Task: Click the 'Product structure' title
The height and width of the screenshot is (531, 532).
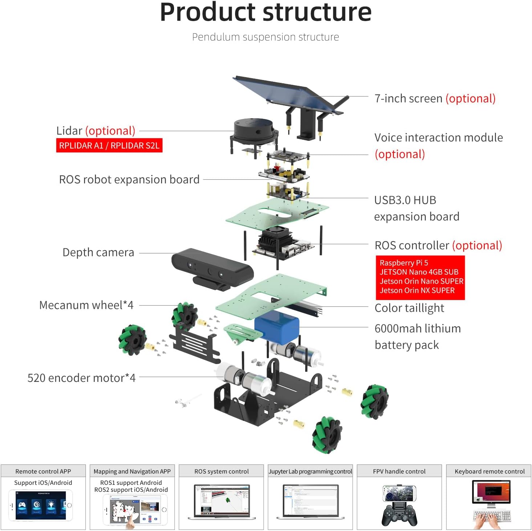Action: [266, 12]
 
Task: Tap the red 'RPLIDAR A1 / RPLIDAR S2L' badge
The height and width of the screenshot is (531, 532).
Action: [109, 145]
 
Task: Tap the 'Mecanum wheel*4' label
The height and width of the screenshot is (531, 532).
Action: [86, 305]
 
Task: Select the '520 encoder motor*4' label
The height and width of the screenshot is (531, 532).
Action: [81, 378]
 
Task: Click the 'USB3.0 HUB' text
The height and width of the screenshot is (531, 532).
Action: [405, 200]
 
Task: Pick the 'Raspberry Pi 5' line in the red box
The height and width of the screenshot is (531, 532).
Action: [404, 263]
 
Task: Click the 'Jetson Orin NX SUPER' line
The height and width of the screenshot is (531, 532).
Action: [417, 290]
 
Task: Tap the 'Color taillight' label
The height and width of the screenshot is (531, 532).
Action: [409, 308]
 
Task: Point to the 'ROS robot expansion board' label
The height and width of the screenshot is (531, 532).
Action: [129, 179]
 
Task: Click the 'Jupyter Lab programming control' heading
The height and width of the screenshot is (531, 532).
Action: [310, 471]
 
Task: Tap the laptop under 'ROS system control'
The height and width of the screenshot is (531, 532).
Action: [222, 501]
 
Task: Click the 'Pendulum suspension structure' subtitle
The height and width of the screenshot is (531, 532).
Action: [265, 37]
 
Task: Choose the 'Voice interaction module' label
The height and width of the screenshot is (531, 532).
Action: [439, 137]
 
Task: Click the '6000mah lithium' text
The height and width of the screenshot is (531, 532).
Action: [418, 328]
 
